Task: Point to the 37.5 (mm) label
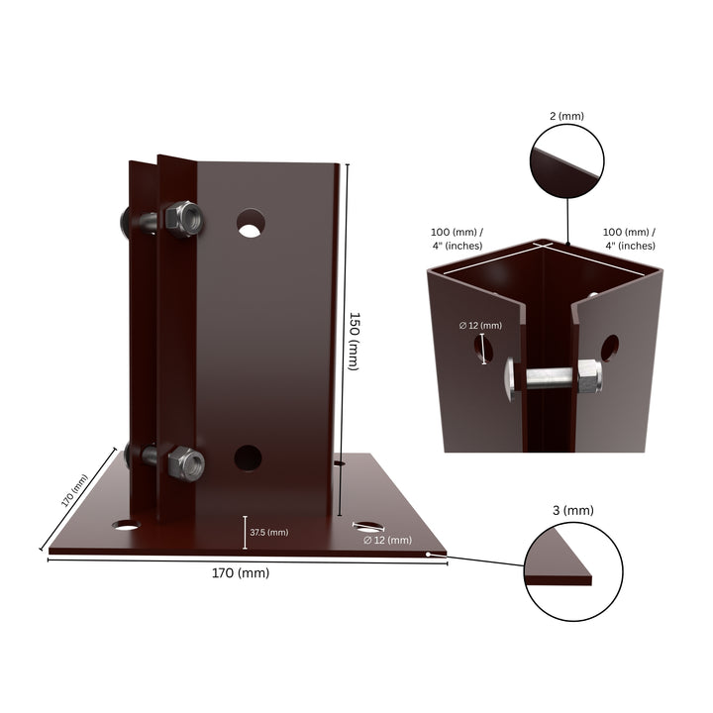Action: pyautogui.click(x=268, y=532)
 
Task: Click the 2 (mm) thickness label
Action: pyautogui.click(x=567, y=116)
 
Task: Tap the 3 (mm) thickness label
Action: pyautogui.click(x=571, y=510)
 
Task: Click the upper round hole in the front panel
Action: pyautogui.click(x=252, y=222)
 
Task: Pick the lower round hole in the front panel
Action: pyautogui.click(x=248, y=458)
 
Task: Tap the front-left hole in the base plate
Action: pyautogui.click(x=126, y=524)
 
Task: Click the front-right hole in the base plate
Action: pyautogui.click(x=367, y=527)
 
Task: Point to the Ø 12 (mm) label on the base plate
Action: pyautogui.click(x=386, y=540)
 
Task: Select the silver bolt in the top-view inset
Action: pyautogui.click(x=554, y=376)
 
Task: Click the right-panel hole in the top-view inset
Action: pyautogui.click(x=609, y=349)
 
